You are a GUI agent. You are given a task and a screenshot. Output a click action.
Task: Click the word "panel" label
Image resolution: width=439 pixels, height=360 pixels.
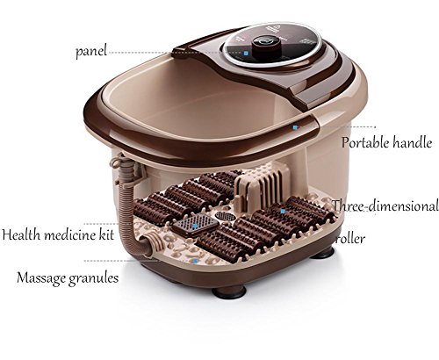(90, 51)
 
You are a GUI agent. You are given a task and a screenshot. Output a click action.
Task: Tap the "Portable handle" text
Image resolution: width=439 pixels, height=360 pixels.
(386, 142)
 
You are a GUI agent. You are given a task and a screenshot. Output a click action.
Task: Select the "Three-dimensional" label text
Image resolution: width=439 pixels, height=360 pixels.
(385, 205)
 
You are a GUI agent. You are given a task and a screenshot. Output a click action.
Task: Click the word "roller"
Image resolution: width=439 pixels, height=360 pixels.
(350, 239)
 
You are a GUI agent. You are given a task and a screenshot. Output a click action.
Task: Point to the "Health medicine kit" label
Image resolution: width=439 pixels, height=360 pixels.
(58, 234)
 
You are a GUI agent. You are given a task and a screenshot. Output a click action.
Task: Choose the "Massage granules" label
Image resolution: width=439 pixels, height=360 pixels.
(68, 278)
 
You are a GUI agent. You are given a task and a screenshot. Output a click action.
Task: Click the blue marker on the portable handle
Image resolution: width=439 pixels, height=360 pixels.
(295, 127)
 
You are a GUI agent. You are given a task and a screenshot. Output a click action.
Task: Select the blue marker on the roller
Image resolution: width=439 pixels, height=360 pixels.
(283, 211)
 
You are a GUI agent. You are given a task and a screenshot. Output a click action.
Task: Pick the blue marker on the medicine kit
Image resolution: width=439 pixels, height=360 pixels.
(195, 226)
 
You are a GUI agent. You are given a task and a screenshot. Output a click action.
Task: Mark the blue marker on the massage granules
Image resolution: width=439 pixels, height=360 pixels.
(195, 260)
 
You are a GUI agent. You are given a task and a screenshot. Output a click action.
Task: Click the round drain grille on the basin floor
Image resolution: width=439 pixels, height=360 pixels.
(226, 216)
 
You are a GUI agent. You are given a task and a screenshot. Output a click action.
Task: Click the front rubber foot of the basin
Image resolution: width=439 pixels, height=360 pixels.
(229, 292)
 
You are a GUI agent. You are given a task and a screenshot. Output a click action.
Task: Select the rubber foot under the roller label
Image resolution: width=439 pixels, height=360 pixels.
(323, 254)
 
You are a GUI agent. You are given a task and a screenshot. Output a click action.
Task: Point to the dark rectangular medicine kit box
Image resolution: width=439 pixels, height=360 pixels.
(196, 226)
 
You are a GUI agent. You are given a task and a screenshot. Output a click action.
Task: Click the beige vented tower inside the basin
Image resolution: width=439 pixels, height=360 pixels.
(261, 187)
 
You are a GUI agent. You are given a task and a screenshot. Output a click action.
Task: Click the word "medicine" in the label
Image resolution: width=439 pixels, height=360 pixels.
(68, 234)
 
